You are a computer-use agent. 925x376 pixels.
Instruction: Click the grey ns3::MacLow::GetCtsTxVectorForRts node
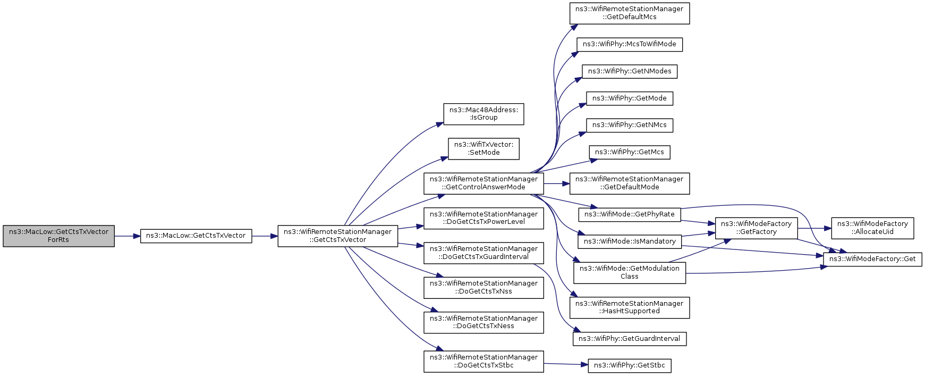(x=58, y=236)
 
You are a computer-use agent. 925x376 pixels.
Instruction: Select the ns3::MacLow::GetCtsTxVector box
(x=196, y=236)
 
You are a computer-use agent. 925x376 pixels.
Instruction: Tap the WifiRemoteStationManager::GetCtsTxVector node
(x=338, y=236)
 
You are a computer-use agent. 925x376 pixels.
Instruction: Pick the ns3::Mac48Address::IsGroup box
(x=483, y=114)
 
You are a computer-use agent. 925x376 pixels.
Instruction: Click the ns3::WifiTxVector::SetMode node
(x=483, y=149)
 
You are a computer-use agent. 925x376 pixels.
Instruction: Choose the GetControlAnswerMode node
(x=483, y=183)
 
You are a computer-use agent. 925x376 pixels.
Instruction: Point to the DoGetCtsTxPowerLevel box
(x=483, y=218)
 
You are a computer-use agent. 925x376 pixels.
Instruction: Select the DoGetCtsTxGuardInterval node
(x=483, y=253)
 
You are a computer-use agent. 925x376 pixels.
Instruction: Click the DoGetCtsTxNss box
(x=483, y=288)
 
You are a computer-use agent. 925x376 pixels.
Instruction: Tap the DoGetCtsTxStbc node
(x=483, y=362)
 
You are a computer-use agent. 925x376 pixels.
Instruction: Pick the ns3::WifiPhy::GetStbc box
(x=630, y=365)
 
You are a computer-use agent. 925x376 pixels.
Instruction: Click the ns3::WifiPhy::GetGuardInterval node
(x=630, y=339)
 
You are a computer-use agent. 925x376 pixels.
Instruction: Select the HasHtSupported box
(x=630, y=308)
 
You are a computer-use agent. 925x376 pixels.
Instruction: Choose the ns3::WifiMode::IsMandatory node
(x=630, y=241)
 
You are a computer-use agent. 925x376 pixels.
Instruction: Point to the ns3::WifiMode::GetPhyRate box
(x=630, y=214)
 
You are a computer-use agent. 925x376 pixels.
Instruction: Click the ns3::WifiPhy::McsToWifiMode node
(x=630, y=44)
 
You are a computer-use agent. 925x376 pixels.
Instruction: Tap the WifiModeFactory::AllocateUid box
(x=873, y=228)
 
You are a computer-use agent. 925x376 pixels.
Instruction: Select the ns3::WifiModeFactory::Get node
(x=873, y=260)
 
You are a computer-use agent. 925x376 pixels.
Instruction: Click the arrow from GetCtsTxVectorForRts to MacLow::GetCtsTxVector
(x=128, y=236)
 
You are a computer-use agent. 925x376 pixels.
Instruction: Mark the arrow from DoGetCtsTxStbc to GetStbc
(x=566, y=364)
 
